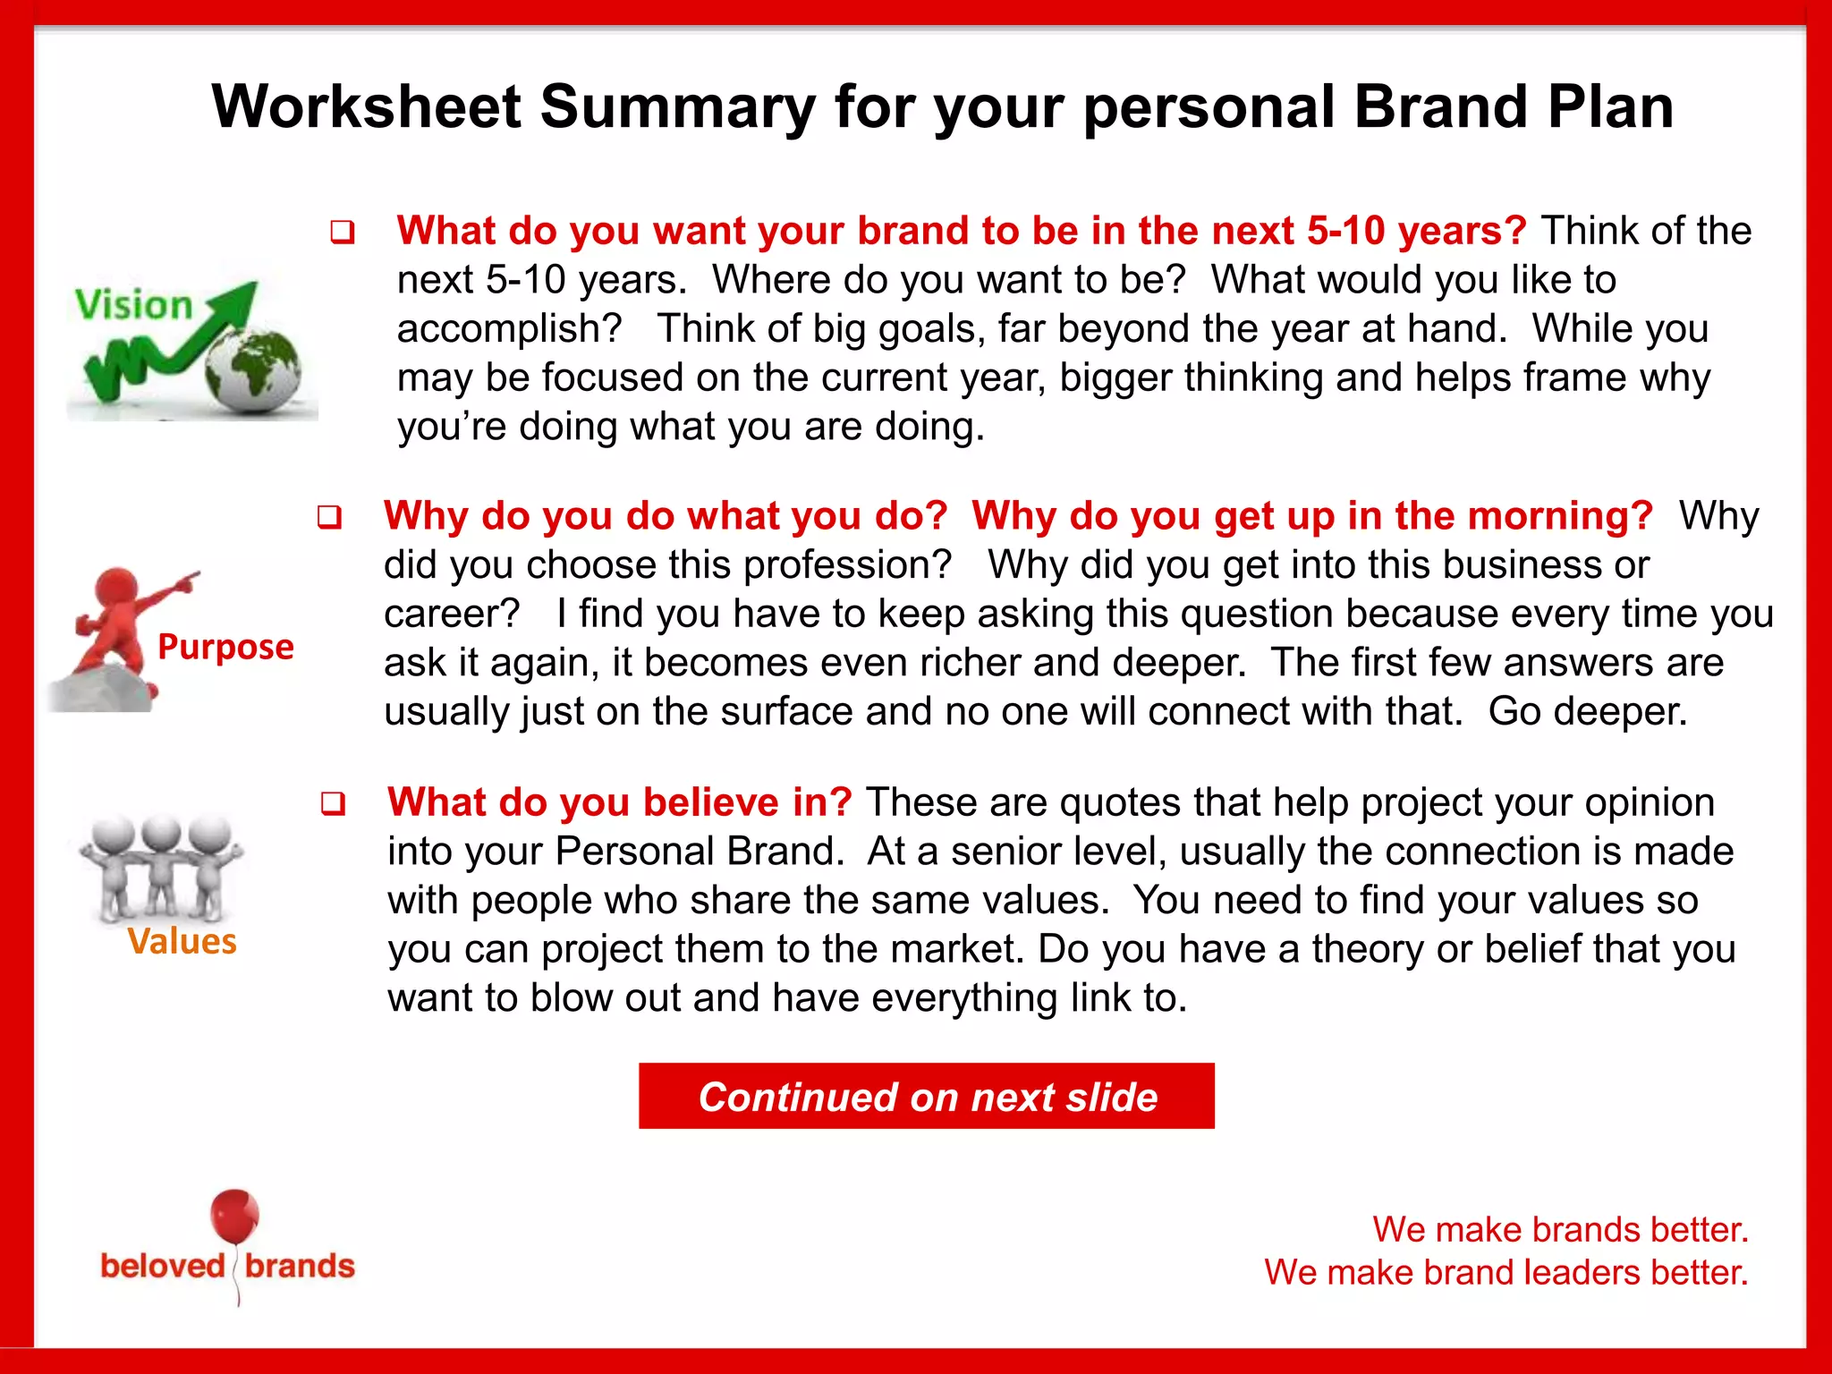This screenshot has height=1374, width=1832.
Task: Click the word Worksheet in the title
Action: point(366,107)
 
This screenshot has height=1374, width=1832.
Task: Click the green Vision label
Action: point(134,305)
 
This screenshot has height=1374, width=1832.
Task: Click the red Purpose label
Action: point(225,647)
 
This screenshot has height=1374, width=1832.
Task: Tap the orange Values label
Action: point(182,942)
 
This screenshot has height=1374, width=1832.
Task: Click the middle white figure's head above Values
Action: point(161,835)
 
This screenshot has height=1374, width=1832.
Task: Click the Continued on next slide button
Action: point(927,1097)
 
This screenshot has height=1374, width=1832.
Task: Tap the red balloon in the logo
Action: point(234,1216)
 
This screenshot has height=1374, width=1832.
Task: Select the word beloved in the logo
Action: point(163,1267)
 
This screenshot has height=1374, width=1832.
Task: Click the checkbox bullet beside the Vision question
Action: point(343,233)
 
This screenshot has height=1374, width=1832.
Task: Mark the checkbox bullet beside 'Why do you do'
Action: point(329,518)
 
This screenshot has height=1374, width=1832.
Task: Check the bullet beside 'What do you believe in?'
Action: point(333,804)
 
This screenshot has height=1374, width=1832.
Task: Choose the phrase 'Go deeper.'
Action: point(1588,712)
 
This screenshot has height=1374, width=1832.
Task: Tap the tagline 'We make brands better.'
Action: point(1560,1230)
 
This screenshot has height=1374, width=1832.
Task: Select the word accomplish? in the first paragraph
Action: point(509,329)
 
